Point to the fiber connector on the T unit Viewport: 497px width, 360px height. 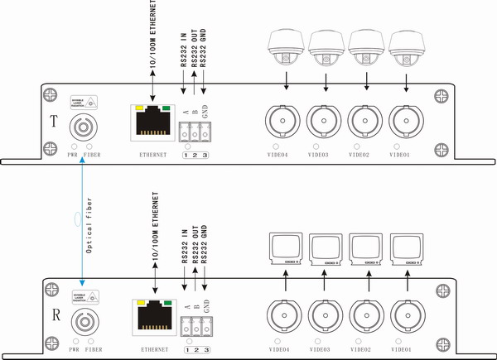coord(84,129)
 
